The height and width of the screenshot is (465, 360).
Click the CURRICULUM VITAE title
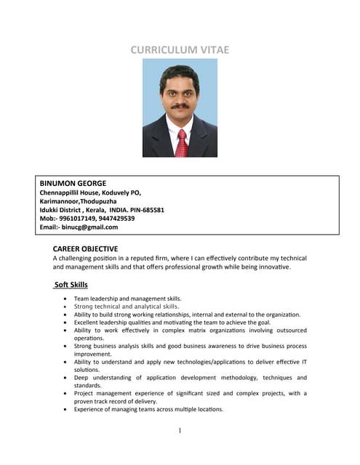point(180,49)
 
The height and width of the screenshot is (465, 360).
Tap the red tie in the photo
point(182,142)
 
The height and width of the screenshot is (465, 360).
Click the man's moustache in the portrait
point(179,106)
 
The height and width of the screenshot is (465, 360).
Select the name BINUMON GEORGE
point(73,183)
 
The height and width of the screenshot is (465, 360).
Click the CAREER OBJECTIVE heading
point(85,248)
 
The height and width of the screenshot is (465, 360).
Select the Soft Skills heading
point(71,284)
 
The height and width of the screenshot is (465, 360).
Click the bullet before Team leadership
point(66,299)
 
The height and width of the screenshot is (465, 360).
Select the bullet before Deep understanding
point(66,378)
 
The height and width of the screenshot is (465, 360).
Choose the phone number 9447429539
point(118,218)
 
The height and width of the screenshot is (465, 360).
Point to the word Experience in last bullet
point(92,409)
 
